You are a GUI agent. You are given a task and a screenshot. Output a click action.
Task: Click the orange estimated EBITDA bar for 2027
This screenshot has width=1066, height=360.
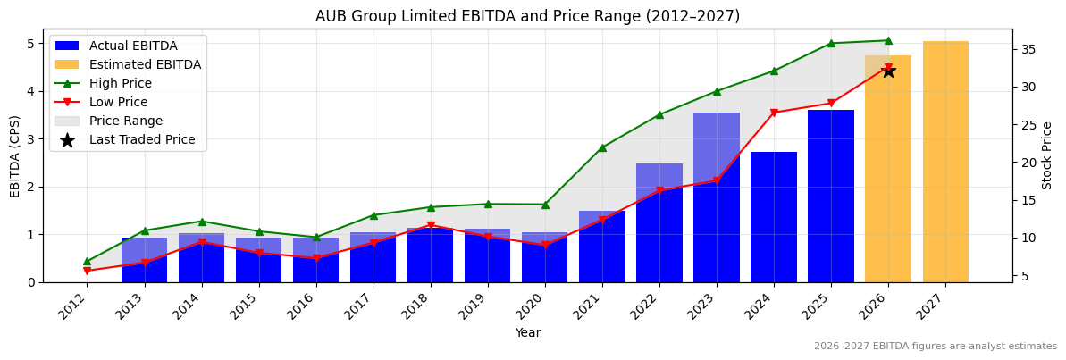pyautogui.click(x=945, y=161)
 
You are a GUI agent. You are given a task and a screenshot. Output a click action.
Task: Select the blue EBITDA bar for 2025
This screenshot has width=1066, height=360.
pyautogui.click(x=831, y=197)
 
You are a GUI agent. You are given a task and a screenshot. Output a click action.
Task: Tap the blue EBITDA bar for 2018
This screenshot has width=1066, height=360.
pyautogui.click(x=431, y=255)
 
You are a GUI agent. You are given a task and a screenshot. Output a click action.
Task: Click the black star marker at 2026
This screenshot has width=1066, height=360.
pyautogui.click(x=888, y=71)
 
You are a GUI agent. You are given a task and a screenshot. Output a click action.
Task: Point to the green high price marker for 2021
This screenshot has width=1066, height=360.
pyautogui.click(x=602, y=147)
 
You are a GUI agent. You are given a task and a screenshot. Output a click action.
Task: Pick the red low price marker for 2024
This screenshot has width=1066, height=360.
pyautogui.click(x=774, y=113)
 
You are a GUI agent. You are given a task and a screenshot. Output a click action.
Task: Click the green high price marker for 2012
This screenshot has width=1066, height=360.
pyautogui.click(x=87, y=262)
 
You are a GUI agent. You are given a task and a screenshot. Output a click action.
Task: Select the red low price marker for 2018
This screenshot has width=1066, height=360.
pyautogui.click(x=431, y=225)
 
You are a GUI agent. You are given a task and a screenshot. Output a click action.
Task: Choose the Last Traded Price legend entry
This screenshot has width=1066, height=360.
pyautogui.click(x=141, y=140)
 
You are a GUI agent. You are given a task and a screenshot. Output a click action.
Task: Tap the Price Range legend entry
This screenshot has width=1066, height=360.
pyautogui.click(x=125, y=121)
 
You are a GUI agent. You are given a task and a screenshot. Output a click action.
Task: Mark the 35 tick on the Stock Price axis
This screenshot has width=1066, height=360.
pyautogui.click(x=1027, y=49)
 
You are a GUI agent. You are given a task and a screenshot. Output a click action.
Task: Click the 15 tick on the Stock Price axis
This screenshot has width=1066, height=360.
pyautogui.click(x=1027, y=200)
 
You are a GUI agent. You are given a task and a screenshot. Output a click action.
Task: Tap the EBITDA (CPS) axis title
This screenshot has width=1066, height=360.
pyautogui.click(x=14, y=155)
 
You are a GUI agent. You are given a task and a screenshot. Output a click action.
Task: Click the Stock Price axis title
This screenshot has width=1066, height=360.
pyautogui.click(x=1047, y=155)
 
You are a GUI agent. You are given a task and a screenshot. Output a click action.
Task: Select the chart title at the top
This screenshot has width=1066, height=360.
pyautogui.click(x=527, y=16)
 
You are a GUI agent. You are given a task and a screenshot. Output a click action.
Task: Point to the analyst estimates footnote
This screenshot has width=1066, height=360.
pyautogui.click(x=935, y=347)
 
